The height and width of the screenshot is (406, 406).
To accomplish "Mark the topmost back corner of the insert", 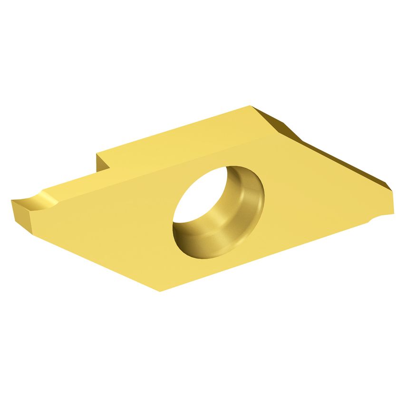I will click(250, 106).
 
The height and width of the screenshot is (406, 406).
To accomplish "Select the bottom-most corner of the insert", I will click(160, 290).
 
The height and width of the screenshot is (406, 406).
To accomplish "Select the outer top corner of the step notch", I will click(97, 154).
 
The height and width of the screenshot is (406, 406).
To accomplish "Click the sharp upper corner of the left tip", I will click(11, 201).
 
